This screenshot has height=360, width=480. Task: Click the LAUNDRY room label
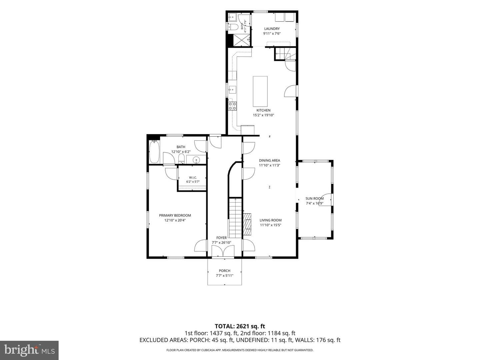[272, 29]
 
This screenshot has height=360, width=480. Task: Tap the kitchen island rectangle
[260, 91]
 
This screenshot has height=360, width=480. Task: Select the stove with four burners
[232, 106]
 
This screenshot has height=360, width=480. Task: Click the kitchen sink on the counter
[232, 89]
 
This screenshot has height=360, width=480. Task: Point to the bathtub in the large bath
[154, 152]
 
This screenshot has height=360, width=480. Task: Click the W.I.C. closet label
[193, 177]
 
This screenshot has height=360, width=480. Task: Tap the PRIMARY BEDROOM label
[175, 215]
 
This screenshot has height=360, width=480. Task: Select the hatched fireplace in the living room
[247, 224]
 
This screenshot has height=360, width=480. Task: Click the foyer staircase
[235, 218]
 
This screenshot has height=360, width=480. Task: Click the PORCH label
[225, 271]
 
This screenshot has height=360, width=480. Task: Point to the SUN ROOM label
[314, 198]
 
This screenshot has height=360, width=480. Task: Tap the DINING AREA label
[269, 160]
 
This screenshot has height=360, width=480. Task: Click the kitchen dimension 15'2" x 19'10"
[264, 115]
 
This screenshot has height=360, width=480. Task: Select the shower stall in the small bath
[242, 40]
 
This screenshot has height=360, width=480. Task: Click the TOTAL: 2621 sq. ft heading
[240, 326]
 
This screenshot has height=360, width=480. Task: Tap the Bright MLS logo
[29, 350]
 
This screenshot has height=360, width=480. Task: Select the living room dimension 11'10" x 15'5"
[271, 225]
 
